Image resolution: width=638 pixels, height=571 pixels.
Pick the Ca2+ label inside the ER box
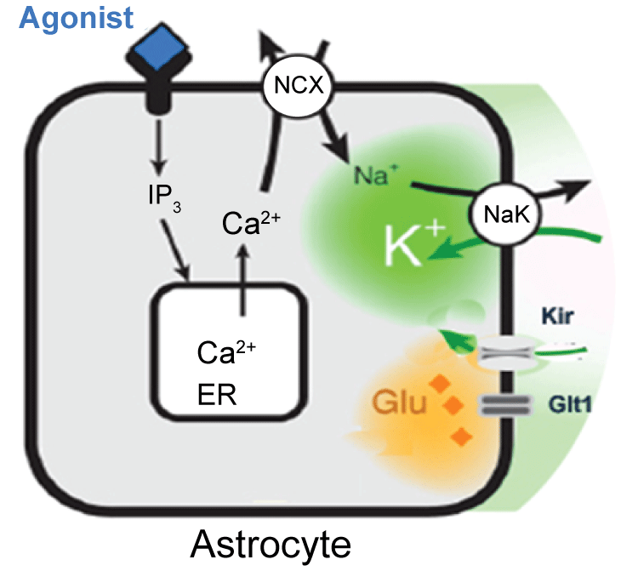(x=225, y=351)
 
